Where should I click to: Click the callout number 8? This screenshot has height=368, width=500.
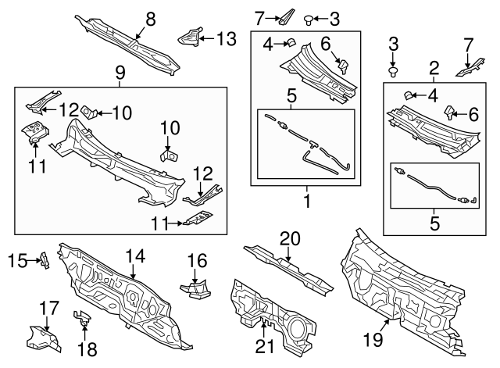pyautogui.click(x=151, y=19)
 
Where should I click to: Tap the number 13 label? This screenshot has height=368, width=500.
pyautogui.click(x=226, y=39)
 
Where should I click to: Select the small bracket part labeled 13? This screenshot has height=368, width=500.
pyautogui.click(x=190, y=37)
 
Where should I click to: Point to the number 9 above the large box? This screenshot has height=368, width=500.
pyautogui.click(x=120, y=73)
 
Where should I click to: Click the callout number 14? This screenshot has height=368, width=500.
pyautogui.click(x=135, y=255)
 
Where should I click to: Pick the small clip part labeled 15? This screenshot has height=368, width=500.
pyautogui.click(x=45, y=260)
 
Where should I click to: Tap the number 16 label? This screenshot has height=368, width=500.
pyautogui.click(x=197, y=260)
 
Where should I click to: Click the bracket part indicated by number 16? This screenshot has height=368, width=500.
pyautogui.click(x=196, y=288)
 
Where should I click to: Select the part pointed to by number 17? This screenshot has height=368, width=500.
pyautogui.click(x=43, y=338)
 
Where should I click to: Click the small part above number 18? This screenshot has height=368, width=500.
pyautogui.click(x=82, y=318)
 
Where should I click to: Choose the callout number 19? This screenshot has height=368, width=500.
pyautogui.click(x=373, y=340)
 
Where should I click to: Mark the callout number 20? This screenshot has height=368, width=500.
pyautogui.click(x=290, y=239)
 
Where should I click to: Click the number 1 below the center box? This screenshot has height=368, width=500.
pyautogui.click(x=307, y=201)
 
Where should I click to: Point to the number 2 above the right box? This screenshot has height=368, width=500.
pyautogui.click(x=434, y=68)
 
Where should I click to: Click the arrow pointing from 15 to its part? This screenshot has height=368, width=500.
pyautogui.click(x=34, y=260)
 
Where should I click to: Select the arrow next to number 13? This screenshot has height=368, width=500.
pyautogui.click(x=206, y=39)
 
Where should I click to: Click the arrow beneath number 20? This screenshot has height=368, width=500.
pyautogui.click(x=288, y=255)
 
